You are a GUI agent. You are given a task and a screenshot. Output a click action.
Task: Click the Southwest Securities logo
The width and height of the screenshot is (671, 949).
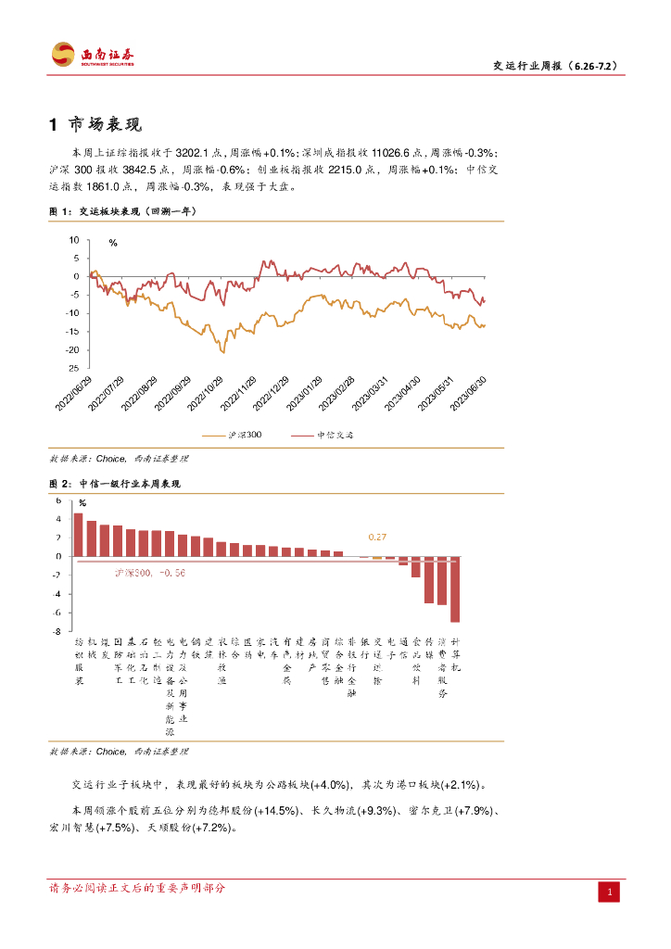(93, 55)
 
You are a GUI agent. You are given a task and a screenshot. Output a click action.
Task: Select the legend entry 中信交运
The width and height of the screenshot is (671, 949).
(324, 434)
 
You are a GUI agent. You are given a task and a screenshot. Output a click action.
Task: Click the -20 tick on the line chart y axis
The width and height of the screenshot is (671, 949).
(75, 349)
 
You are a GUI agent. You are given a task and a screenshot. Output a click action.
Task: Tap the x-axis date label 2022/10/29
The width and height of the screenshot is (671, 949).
(209, 393)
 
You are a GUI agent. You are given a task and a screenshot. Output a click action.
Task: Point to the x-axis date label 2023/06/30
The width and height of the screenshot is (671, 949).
(468, 393)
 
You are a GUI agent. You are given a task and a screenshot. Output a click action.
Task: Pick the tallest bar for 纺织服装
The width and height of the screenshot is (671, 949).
(78, 535)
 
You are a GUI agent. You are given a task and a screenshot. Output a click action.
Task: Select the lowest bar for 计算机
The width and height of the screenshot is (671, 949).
(455, 589)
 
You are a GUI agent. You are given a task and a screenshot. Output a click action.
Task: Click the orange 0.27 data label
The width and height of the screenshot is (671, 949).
(377, 538)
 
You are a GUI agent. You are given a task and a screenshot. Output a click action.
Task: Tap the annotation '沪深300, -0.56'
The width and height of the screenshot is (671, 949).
(150, 574)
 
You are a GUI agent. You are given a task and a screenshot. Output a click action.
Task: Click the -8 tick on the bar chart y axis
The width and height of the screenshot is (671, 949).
(58, 631)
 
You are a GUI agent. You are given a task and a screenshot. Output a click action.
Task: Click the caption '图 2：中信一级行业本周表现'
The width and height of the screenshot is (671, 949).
(115, 484)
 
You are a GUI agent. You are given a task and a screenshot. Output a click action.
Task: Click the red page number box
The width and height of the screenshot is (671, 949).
(609, 892)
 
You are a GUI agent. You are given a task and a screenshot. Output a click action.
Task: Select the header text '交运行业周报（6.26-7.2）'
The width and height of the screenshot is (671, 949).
(554, 66)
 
